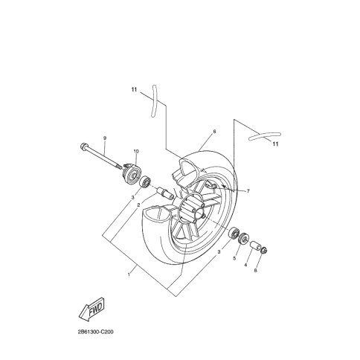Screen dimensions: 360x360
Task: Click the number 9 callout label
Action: pyautogui.click(x=105, y=138)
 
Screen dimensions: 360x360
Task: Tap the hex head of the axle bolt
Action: pyautogui.click(x=83, y=147)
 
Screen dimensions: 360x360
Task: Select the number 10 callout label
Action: pyautogui.click(x=136, y=151)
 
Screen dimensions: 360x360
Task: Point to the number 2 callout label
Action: pyautogui.click(x=138, y=205)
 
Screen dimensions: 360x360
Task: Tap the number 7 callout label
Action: pyautogui.click(x=248, y=191)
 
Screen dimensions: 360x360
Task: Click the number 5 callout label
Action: pyautogui.click(x=234, y=258)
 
